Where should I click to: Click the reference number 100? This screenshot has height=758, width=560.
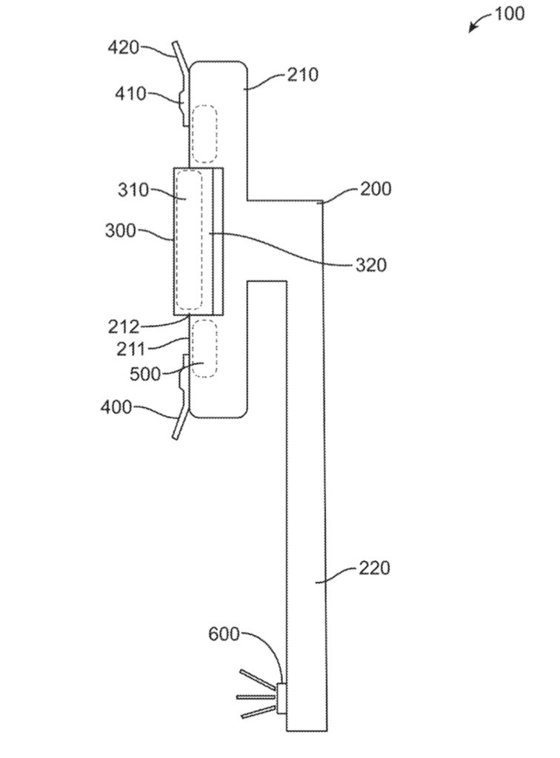pos(510,13)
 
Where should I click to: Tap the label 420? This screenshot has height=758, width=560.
pos(123,48)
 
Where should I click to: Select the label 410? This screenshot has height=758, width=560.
pos(130,93)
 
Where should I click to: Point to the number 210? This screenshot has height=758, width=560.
pos(303,75)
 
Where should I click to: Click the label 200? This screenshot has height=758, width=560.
pos(376,189)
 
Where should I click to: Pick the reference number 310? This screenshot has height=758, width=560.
pos(133,189)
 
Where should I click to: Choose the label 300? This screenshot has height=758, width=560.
pos(121,230)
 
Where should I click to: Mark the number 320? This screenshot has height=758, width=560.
pos(371,265)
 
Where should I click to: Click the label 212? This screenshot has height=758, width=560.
pos(124,327)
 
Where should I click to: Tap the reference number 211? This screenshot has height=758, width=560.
pos(131,349)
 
